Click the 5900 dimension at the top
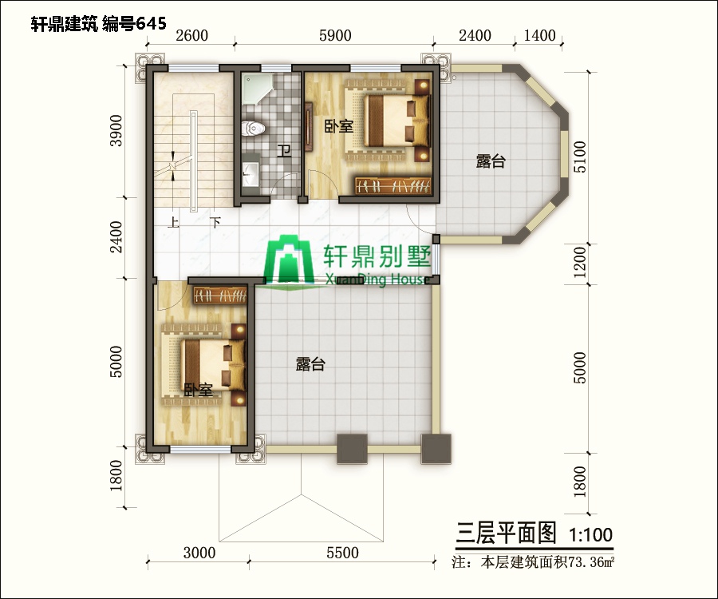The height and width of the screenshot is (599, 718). pyautogui.click(x=333, y=36)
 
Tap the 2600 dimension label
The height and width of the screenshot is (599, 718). pyautogui.click(x=191, y=36)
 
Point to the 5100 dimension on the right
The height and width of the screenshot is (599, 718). pyautogui.click(x=580, y=157)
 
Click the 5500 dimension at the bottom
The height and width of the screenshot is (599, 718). pyautogui.click(x=342, y=553)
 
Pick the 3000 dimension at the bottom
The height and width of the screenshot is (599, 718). pyautogui.click(x=199, y=553)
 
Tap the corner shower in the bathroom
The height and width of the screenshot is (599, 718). pyautogui.click(x=257, y=89)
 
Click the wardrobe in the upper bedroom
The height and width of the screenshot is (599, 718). pyautogui.click(x=392, y=185)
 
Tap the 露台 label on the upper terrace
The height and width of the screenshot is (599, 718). pyautogui.click(x=491, y=161)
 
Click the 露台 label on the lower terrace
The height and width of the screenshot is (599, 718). pyautogui.click(x=310, y=364)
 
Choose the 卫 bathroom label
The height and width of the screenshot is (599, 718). pyautogui.click(x=283, y=150)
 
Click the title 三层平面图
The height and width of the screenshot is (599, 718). pyautogui.click(x=505, y=532)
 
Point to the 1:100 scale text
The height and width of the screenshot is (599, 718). pyautogui.click(x=591, y=532)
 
